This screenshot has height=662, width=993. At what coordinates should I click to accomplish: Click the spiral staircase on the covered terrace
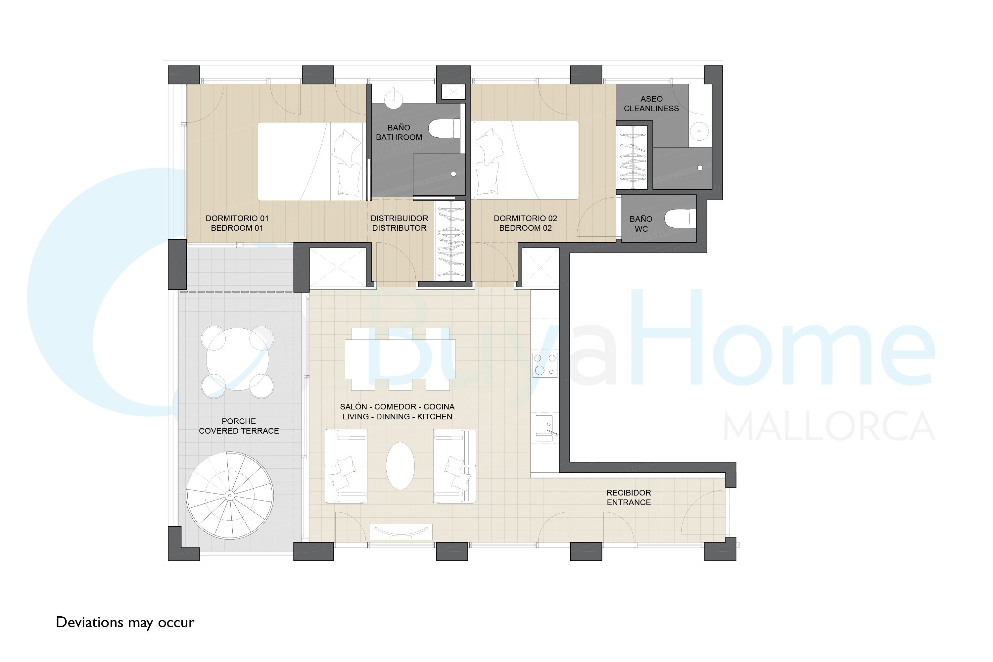coord(230,495)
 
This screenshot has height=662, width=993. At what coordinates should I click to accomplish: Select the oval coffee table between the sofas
coord(400,466)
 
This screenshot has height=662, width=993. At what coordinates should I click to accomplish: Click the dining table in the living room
coord(400,359)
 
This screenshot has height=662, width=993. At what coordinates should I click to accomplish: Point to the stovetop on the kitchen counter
coord(545,365)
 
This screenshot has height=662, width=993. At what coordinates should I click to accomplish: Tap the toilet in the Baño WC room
coord(680,219)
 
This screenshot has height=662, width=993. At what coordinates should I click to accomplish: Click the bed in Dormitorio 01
coord(311,161)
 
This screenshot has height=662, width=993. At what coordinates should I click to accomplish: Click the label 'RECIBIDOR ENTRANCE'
coord(629,497)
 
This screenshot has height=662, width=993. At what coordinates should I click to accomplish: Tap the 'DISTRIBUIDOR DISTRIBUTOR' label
coord(400,223)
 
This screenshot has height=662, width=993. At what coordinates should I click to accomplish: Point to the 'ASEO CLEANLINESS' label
coord(651,103)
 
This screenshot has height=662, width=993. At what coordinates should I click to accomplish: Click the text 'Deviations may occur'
coord(125,623)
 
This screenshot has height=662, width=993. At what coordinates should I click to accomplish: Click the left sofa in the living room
coord(346,466)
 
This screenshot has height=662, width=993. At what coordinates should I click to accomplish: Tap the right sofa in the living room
coord(455,466)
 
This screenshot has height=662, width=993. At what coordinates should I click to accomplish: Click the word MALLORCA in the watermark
coord(829,426)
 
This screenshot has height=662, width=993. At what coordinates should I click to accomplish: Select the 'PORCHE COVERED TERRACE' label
coord(239,426)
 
